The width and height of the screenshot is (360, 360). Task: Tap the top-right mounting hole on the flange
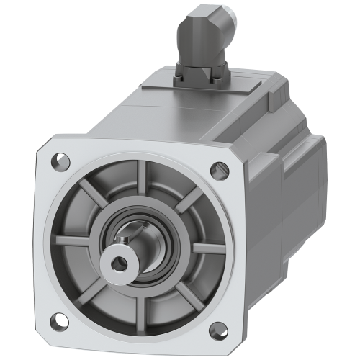coord(216,171)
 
